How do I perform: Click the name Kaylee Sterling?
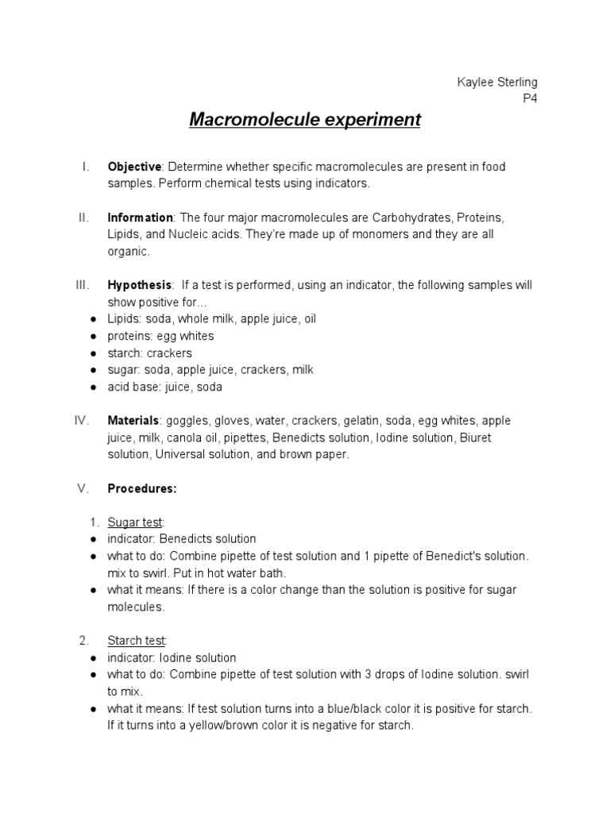[498, 83]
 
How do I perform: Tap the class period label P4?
[529, 99]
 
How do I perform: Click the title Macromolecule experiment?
[305, 121]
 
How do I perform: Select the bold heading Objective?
[134, 167]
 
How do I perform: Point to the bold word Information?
[140, 218]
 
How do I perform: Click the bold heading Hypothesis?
[140, 285]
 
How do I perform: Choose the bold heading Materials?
[133, 421]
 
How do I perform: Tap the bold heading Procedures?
[142, 489]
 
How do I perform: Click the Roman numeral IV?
[81, 421]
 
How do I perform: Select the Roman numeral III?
[83, 285]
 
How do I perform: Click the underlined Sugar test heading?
[135, 522]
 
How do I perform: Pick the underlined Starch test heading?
[137, 641]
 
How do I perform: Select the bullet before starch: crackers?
[94, 353]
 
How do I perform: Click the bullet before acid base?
[94, 387]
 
